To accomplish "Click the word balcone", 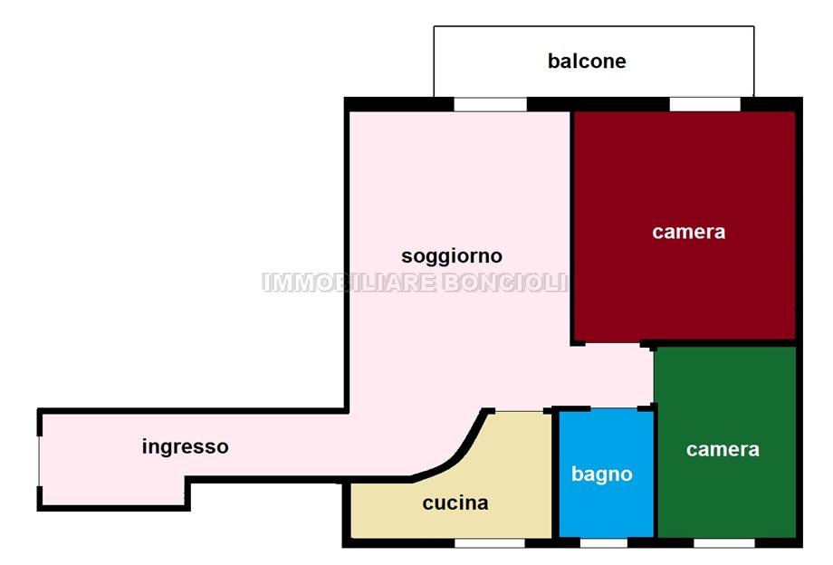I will (587, 62).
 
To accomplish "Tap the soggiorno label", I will (451, 255).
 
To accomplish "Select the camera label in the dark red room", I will (688, 232).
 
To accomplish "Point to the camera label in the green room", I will (722, 449).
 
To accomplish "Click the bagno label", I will (601, 474).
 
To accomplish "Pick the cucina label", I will (455, 503).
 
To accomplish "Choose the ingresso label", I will (185, 446).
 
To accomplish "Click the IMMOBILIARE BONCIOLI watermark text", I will (415, 282).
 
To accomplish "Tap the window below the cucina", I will (489, 543).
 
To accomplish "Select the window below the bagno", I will (603, 543).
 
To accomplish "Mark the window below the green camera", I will (723, 543).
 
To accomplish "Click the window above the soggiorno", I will (490, 104).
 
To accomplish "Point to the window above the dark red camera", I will (704, 104).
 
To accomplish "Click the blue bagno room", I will (605, 507).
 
